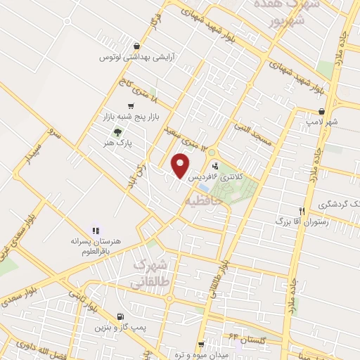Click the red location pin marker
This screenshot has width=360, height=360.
tap(181, 166)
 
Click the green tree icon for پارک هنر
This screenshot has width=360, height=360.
tap(118, 131)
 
